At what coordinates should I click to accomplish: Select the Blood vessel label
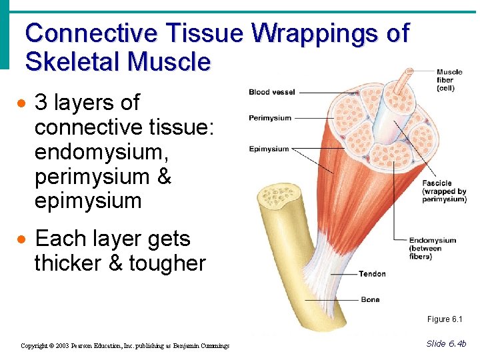coord(271,92)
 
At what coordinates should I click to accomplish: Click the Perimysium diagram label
coord(270,118)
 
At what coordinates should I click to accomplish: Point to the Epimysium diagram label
coord(269,149)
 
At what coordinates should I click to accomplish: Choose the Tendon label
coord(372,274)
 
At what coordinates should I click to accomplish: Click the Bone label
coord(370,300)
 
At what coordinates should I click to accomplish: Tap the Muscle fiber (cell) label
coord(449,80)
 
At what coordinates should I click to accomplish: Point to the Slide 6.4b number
coord(446,343)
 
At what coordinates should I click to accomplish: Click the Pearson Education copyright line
coord(125,346)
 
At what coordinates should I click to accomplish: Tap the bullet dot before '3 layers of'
coord(23,105)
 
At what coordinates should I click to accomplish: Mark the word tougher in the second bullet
coord(167,263)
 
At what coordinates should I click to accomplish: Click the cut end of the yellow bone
coord(279,197)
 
